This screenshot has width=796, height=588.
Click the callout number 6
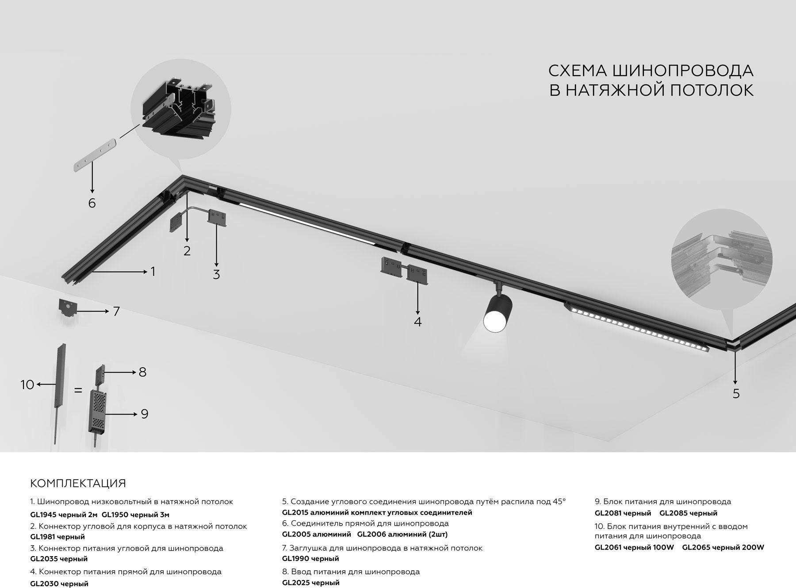coord(92,203)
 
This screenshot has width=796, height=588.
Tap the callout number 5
coord(736,393)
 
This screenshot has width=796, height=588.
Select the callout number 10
coord(27,385)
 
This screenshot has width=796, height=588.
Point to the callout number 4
coord(417,322)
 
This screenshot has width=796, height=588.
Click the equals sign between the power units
coord(78,391)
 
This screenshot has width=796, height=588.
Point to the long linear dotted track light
coord(637,327)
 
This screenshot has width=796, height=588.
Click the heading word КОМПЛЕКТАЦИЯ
coord(78,483)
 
